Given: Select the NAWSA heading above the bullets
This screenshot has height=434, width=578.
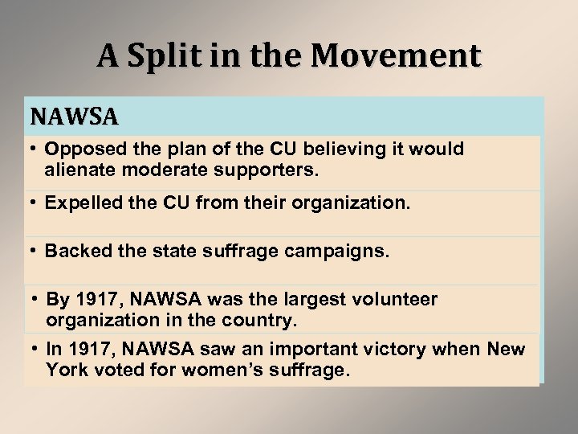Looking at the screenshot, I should click(x=75, y=117).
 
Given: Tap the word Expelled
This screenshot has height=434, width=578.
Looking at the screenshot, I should click(x=80, y=204).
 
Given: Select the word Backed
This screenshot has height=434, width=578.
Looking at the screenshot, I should click(x=75, y=252).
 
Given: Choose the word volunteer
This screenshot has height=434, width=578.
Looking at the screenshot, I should click(x=393, y=300).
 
